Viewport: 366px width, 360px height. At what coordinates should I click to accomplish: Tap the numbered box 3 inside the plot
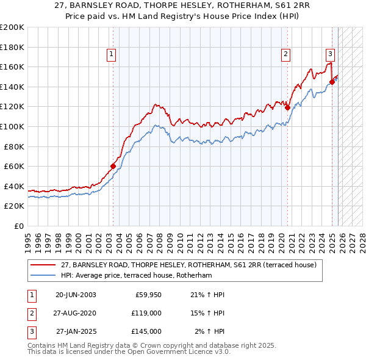(330, 54)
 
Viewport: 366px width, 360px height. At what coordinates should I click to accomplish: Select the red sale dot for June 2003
(113, 166)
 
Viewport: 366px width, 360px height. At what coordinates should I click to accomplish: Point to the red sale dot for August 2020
(287, 107)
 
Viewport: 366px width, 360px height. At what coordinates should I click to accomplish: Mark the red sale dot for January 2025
(332, 81)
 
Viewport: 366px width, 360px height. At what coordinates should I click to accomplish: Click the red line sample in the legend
(43, 265)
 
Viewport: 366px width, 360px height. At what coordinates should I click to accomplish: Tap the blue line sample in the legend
(43, 276)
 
